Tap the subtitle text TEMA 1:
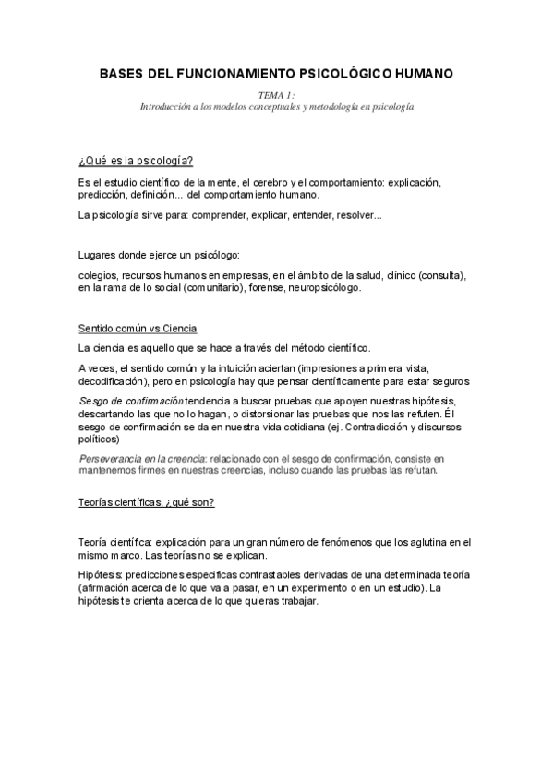click(276, 95)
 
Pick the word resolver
click(355, 216)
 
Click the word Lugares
click(99, 254)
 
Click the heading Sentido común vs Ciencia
click(138, 330)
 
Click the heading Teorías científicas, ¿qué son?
click(147, 502)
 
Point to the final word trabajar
click(297, 599)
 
